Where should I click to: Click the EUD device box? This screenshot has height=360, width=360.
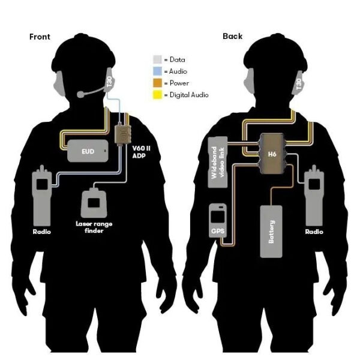(88, 152)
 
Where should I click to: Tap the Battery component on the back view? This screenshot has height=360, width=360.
(271, 231)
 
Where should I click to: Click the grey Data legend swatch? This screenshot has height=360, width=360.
(157, 60)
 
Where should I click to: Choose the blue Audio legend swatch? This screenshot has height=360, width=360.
(157, 71)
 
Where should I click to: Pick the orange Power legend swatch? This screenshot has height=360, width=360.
(157, 83)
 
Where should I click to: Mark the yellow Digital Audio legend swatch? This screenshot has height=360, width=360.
(157, 94)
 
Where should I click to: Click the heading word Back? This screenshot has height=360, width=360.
(232, 36)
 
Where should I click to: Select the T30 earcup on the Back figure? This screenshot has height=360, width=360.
(299, 84)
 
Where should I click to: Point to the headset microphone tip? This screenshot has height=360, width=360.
(80, 94)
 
